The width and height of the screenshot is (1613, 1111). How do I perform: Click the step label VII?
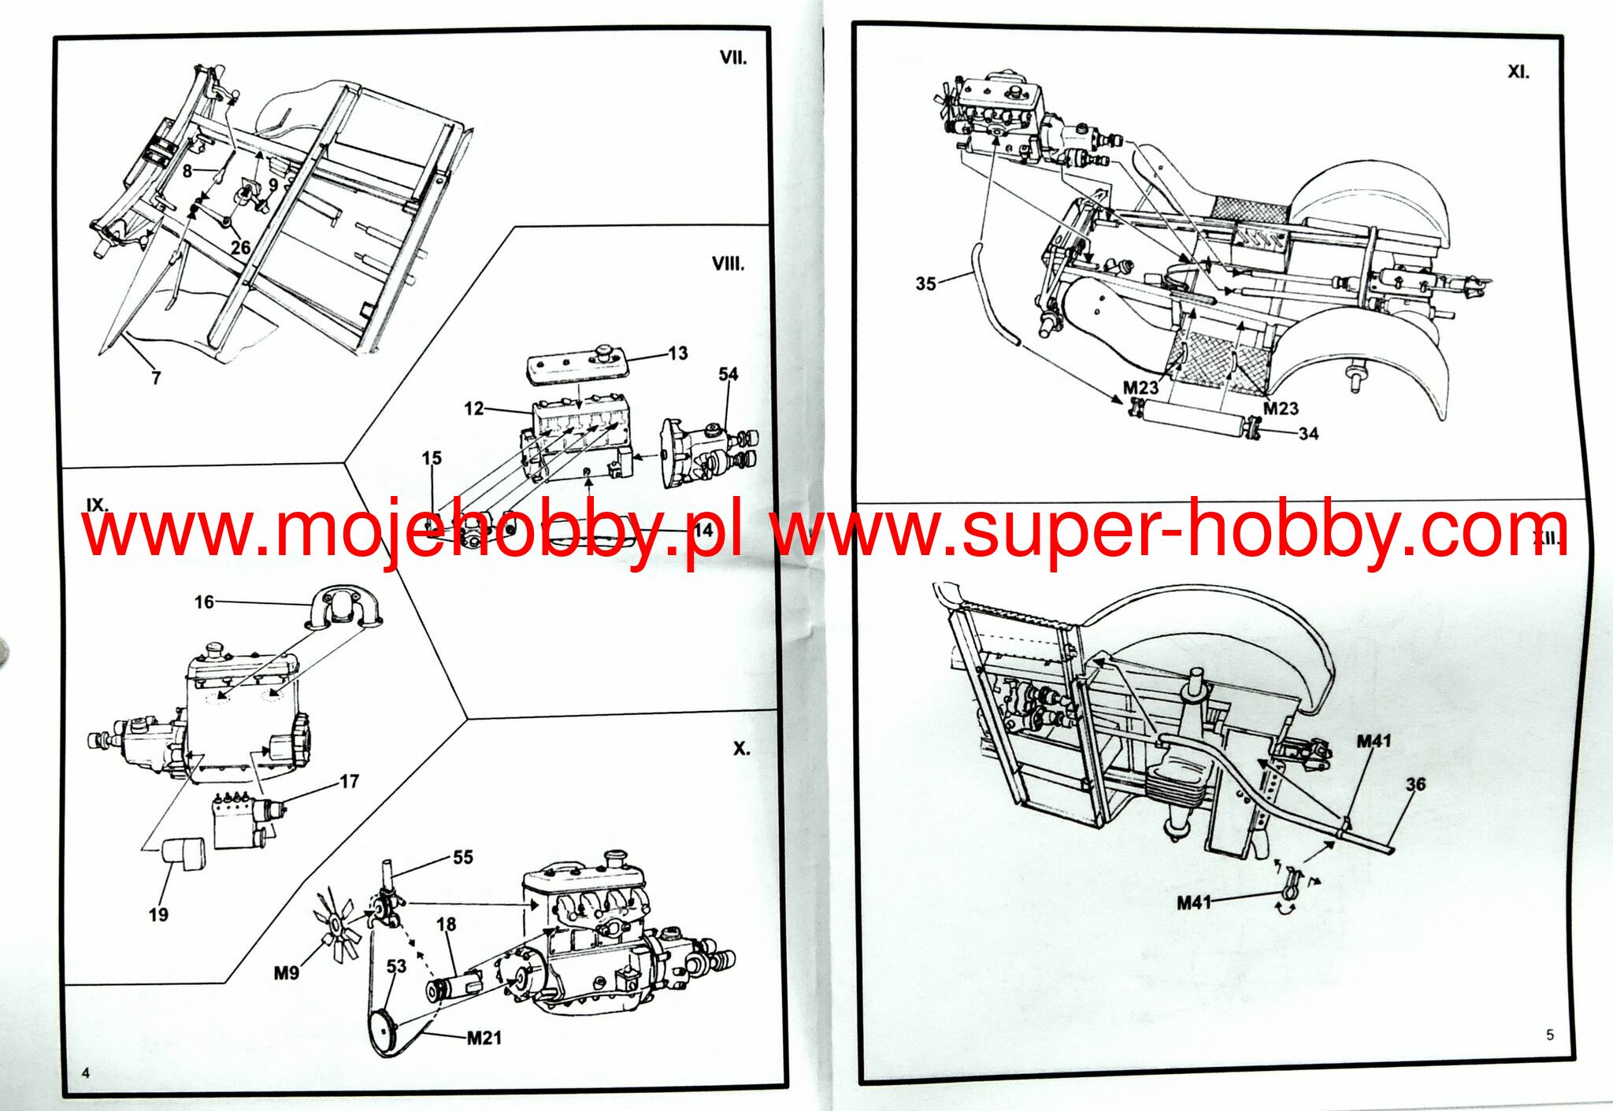click(x=732, y=58)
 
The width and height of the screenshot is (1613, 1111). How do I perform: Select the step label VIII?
click(x=727, y=264)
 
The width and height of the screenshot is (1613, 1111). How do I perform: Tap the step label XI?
click(x=1518, y=72)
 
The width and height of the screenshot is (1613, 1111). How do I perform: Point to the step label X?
click(x=741, y=749)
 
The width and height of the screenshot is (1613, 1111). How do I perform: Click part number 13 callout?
click(x=677, y=354)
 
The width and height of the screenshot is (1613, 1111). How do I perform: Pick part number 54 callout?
click(x=728, y=374)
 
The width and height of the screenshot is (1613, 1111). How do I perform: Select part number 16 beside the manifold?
click(x=204, y=602)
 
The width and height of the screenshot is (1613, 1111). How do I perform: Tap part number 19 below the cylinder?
click(x=158, y=915)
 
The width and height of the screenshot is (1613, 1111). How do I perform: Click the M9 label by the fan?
click(x=286, y=973)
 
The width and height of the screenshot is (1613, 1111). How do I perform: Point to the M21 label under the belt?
click(x=484, y=1038)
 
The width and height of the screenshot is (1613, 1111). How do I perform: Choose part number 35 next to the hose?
click(x=925, y=283)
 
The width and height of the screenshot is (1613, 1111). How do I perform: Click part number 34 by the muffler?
click(x=1308, y=434)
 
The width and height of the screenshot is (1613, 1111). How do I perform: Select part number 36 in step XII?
click(x=1415, y=784)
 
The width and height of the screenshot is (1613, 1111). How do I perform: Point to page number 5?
click(x=1550, y=1035)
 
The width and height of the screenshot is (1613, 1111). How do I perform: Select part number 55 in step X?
click(x=463, y=857)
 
